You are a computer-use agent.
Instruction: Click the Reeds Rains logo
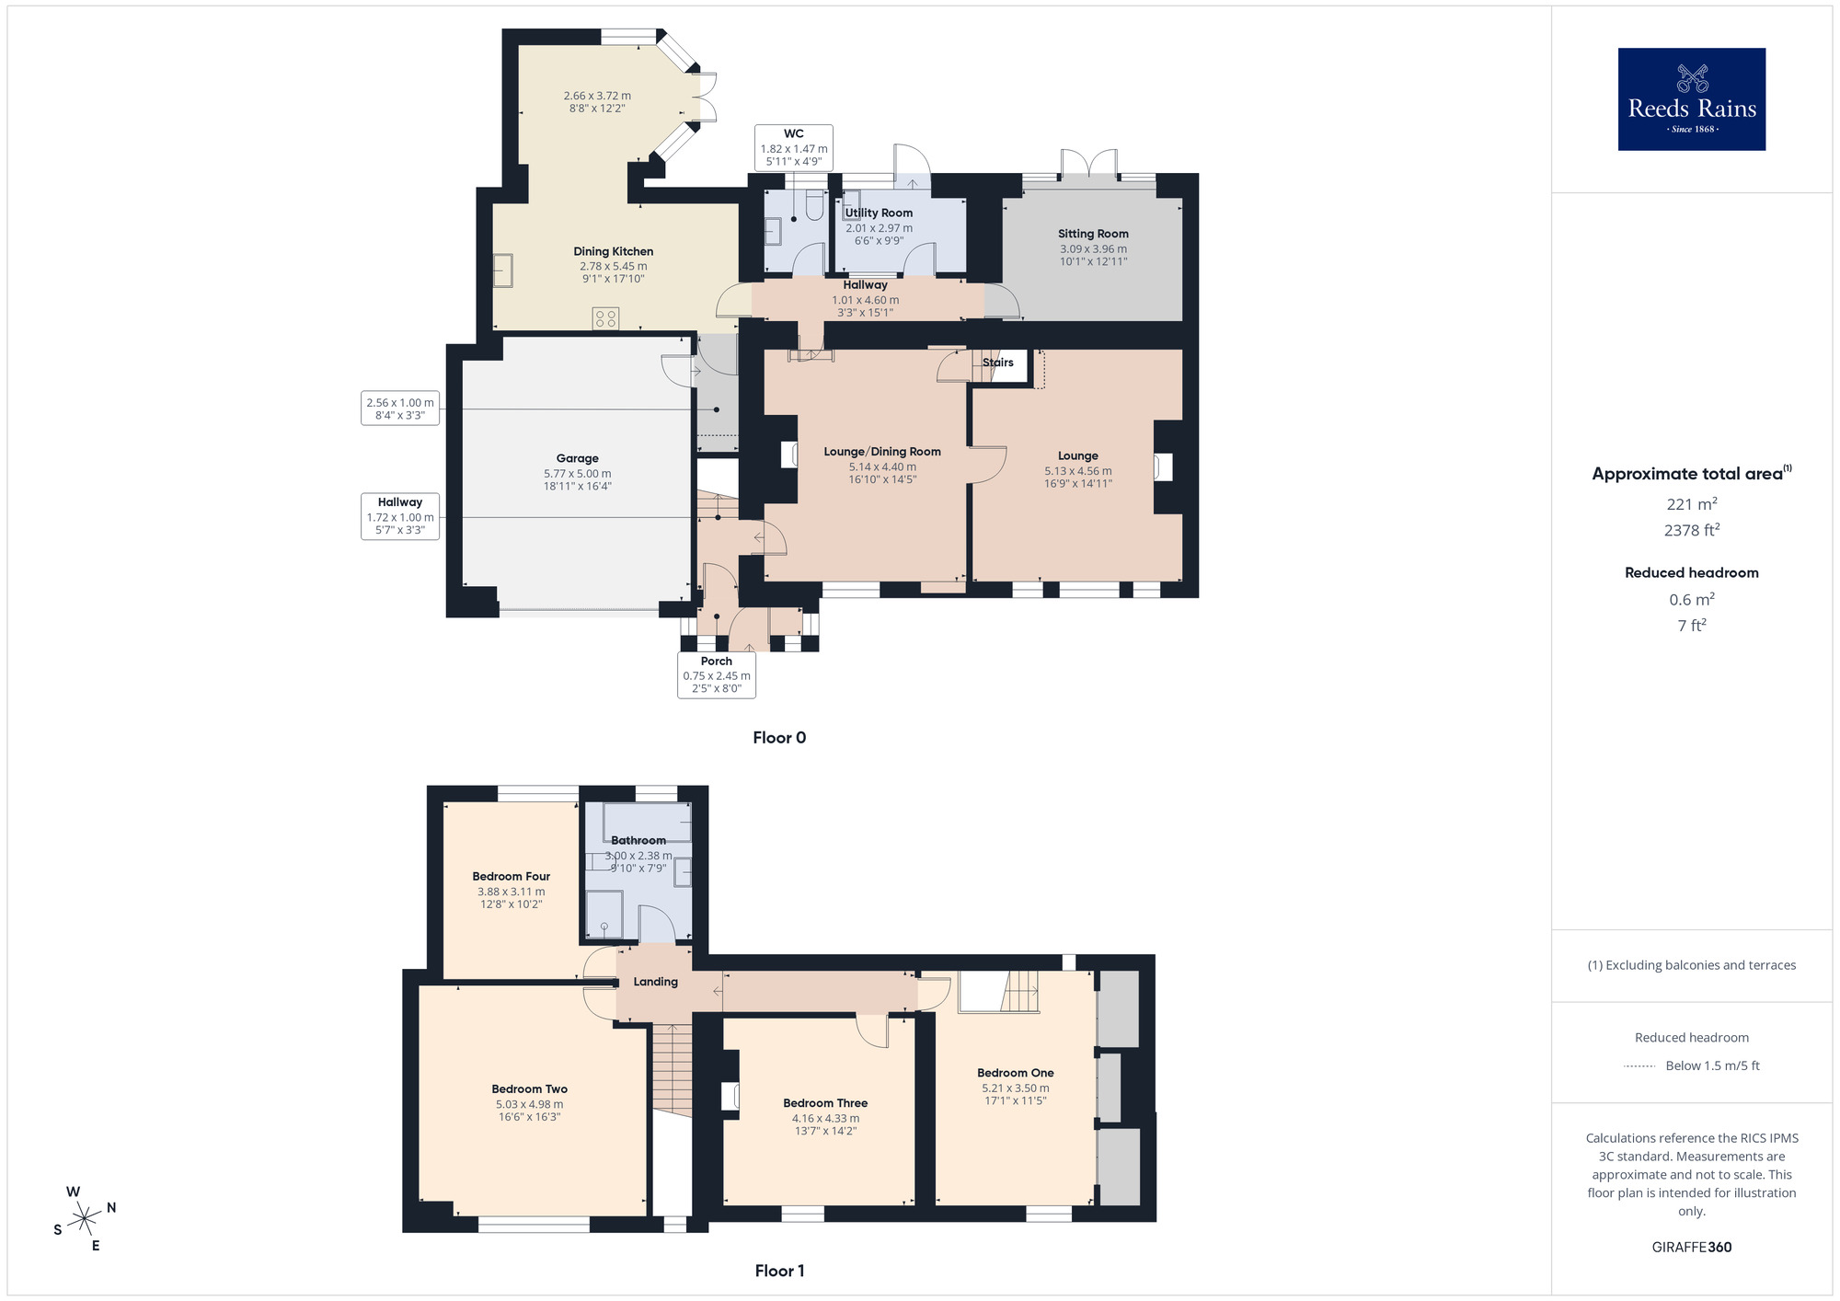1691,99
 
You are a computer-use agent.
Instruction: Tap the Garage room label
577,458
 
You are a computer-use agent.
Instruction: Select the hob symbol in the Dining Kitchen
605,318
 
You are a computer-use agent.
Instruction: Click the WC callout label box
793,147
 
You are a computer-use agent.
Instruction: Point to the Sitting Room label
1093,234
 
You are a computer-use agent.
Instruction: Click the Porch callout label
716,674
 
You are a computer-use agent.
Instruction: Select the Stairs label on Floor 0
997,363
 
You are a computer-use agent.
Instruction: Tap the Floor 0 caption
778,737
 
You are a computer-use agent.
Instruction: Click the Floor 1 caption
778,1271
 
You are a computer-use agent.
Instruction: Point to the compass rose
85,1219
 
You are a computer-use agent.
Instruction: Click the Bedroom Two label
529,1088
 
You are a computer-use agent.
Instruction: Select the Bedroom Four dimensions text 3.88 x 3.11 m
511,892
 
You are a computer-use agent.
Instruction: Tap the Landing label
655,982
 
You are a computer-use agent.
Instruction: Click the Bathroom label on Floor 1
638,840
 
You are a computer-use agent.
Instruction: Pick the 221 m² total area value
1691,504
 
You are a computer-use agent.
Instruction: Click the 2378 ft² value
1691,530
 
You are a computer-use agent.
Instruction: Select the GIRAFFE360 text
1691,1248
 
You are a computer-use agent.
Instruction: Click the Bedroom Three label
825,1103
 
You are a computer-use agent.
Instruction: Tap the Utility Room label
879,213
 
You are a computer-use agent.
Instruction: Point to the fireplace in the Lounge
1163,466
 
